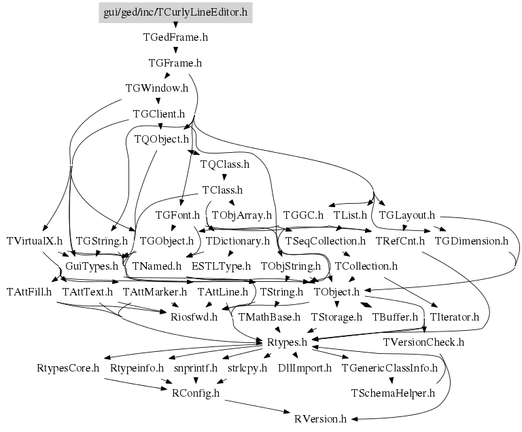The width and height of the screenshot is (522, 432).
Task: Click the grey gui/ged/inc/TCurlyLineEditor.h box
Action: point(175,13)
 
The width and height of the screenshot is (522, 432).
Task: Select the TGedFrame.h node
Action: point(175,37)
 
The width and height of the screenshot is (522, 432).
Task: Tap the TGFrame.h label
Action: point(175,63)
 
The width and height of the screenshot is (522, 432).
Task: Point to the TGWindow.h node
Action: point(157,88)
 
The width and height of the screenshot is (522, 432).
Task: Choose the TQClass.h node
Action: point(225,164)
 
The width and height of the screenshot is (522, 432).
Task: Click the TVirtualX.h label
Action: point(34,240)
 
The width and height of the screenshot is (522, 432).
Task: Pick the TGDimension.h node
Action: point(472,240)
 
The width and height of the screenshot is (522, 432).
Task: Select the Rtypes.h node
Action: point(287,342)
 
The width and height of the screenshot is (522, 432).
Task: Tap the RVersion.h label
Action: point(320,418)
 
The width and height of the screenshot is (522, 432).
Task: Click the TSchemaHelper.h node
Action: point(393,393)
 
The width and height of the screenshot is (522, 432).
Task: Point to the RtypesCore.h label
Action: point(68,368)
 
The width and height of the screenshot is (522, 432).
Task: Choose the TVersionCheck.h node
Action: point(423,342)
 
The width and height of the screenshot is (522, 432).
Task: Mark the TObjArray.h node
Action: point(242,215)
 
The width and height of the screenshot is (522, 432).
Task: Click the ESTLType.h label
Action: point(221,266)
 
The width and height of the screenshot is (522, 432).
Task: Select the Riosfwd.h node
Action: point(194,317)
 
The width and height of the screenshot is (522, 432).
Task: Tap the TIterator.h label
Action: point(455,317)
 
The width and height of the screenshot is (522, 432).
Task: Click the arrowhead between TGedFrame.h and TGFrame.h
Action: point(175,50)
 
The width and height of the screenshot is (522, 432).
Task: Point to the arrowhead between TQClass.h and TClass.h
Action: point(224,177)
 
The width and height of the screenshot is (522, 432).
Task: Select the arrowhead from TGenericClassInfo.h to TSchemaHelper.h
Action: point(391,380)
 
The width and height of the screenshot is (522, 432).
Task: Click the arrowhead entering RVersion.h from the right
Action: point(355,419)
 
